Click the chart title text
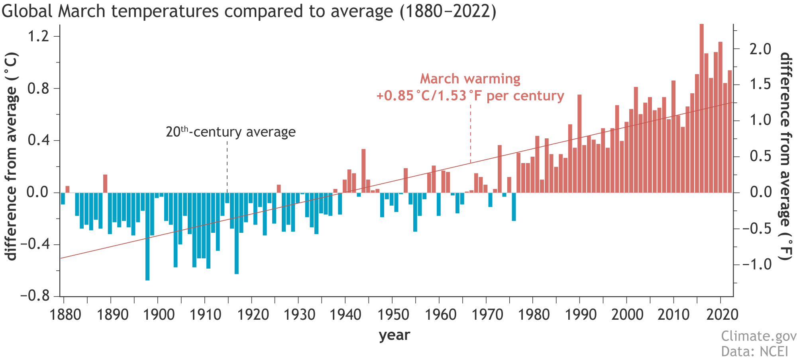[249, 11]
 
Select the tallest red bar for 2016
[701, 108]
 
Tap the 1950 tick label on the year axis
[393, 315]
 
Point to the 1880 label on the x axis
[65, 315]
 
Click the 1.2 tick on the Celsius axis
[38, 36]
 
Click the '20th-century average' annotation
[231, 132]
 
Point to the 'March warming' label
[470, 79]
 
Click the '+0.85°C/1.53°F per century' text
[470, 96]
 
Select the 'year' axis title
[394, 335]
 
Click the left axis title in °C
[12, 156]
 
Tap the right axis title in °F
[785, 156]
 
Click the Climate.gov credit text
[758, 336]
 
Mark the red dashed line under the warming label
[471, 134]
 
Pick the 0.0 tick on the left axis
[38, 193]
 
